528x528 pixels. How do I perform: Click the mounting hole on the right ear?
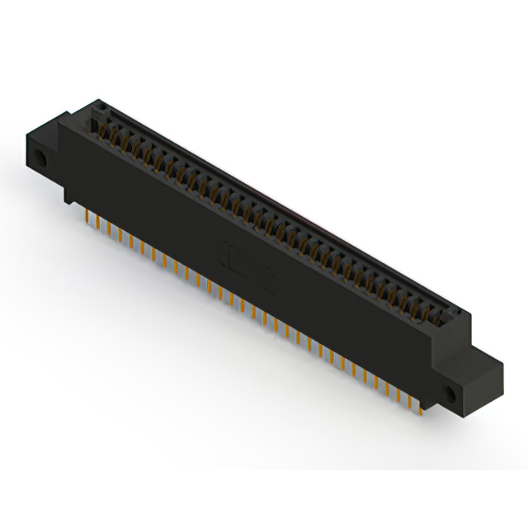[450, 394]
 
